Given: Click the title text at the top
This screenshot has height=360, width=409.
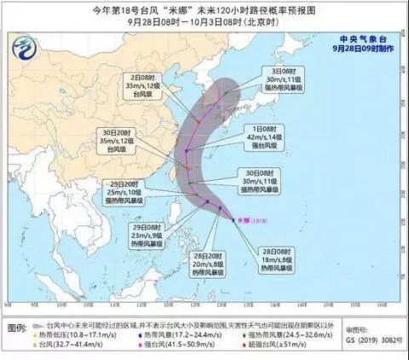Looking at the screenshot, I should point(204,11).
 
